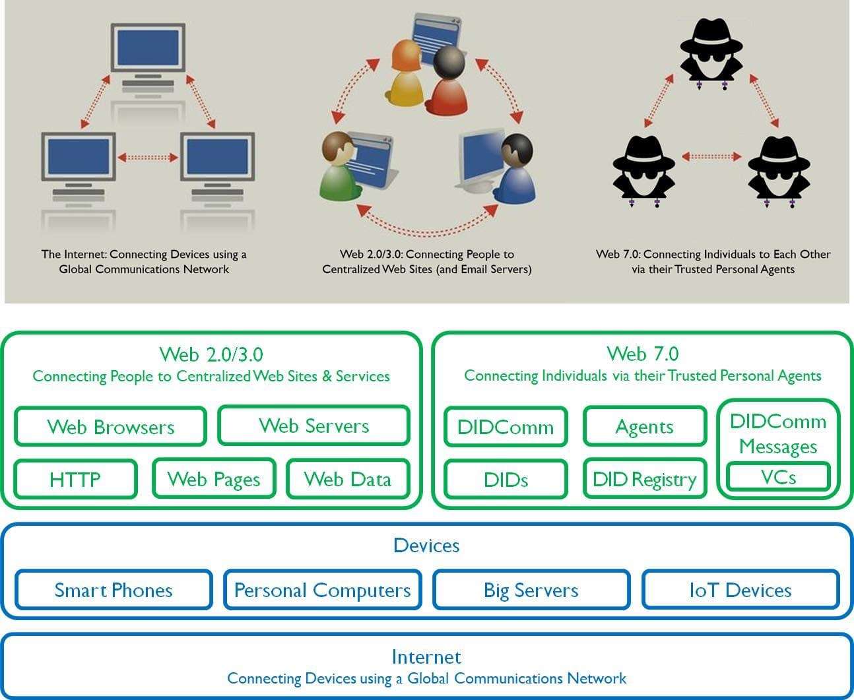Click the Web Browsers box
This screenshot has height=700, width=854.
tap(110, 427)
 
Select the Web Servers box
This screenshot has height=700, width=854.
tap(313, 426)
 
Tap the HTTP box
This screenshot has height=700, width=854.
tap(75, 479)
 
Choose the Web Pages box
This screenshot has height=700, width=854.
tap(214, 479)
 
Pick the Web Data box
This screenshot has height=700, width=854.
tap(348, 479)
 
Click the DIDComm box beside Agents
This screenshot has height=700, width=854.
tap(506, 427)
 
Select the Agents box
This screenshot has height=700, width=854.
tap(644, 427)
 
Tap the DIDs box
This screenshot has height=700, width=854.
tap(506, 480)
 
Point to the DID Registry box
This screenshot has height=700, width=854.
tap(644, 480)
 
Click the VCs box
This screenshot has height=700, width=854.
tap(778, 477)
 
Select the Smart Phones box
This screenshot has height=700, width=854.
tap(114, 590)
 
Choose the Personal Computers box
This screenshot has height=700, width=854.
tap(322, 590)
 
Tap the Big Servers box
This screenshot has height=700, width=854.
tap(531, 590)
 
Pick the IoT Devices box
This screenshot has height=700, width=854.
tap(740, 590)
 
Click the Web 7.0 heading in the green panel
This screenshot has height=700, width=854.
tap(643, 354)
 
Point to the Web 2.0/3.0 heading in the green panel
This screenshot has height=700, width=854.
tap(211, 354)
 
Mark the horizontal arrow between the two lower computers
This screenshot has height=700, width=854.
tap(148, 158)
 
